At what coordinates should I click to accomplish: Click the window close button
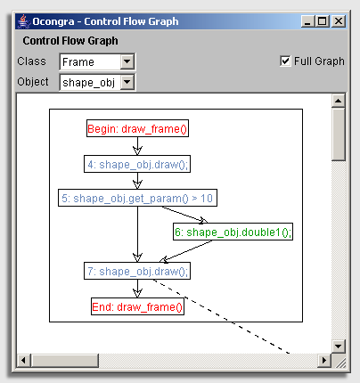(339, 21)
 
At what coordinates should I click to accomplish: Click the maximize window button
(323, 21)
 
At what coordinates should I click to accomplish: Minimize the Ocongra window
(307, 21)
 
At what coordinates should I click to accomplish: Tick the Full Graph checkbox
(285, 61)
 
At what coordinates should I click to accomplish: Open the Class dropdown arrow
(127, 61)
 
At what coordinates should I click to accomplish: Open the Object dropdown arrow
(127, 82)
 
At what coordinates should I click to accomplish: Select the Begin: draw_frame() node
(137, 128)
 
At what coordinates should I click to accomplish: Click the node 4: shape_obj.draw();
(137, 164)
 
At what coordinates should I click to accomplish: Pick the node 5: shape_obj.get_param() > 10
(137, 198)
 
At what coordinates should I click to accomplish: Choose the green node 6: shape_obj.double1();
(233, 232)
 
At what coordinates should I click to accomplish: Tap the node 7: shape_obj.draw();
(137, 271)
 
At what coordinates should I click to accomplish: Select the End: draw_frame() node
(137, 306)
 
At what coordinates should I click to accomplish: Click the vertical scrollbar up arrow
(339, 101)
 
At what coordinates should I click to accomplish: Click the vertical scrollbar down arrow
(339, 346)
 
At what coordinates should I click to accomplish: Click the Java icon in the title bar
(23, 21)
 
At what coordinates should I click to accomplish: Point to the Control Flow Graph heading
(70, 41)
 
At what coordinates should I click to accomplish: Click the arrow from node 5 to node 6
(184, 214)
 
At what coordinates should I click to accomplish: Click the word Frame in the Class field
(78, 62)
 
